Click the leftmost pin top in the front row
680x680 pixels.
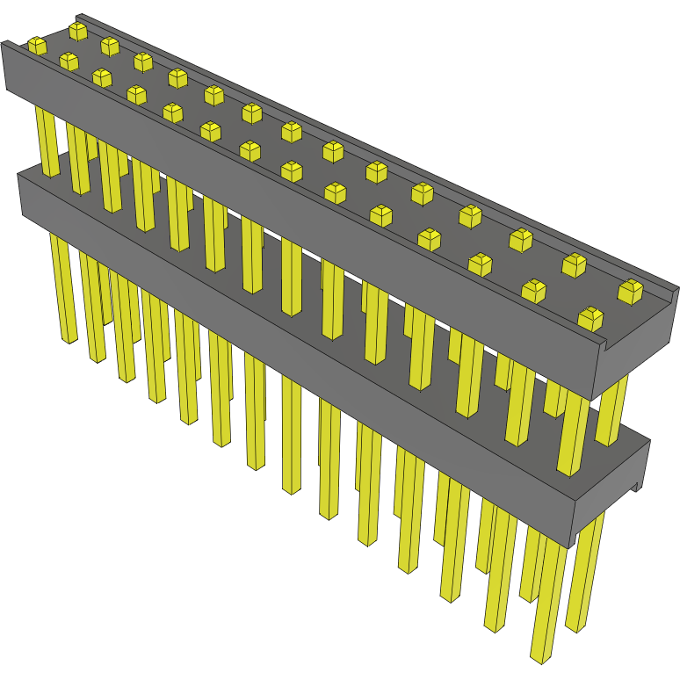36,45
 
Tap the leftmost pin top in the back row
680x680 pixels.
78,31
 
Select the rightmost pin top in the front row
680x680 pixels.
590,318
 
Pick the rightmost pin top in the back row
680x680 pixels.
630,290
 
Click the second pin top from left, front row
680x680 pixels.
69,61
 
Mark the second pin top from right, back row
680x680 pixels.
574,263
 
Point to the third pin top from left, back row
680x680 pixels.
143,61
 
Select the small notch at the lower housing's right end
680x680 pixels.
634,486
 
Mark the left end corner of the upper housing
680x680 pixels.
4,66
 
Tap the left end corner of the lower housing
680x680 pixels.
20,193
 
